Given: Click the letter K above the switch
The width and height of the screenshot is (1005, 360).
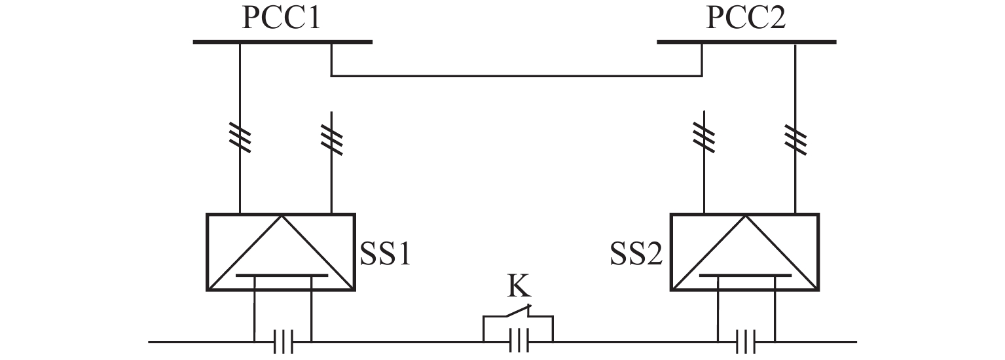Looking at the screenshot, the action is [x=519, y=285].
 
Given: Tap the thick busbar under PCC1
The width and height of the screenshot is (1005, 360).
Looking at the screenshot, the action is [x=283, y=42].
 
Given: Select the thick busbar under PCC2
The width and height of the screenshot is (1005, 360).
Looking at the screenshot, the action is [x=746, y=42].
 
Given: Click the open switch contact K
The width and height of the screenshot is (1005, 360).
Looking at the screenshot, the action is [x=519, y=311].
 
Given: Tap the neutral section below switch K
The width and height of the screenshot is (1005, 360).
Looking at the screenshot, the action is [x=519, y=341].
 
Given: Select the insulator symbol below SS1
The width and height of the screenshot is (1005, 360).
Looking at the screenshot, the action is [x=283, y=342].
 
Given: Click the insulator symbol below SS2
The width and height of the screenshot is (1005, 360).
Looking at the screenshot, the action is [x=746, y=342].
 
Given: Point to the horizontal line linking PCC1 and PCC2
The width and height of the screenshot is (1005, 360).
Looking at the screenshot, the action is [x=517, y=76].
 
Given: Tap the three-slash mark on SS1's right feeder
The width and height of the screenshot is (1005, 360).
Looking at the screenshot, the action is [x=331, y=140].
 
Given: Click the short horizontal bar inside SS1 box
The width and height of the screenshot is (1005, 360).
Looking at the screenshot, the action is [x=282, y=276].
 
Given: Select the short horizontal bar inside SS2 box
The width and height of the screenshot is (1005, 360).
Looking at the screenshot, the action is [x=746, y=276].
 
